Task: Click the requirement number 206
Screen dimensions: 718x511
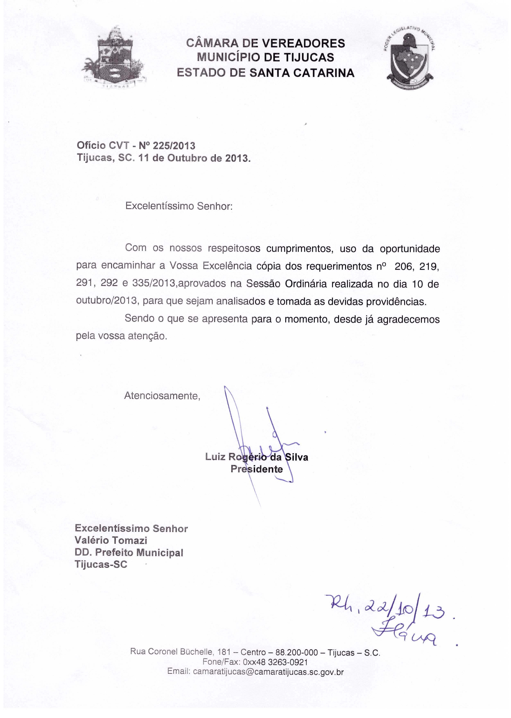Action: (x=402, y=267)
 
